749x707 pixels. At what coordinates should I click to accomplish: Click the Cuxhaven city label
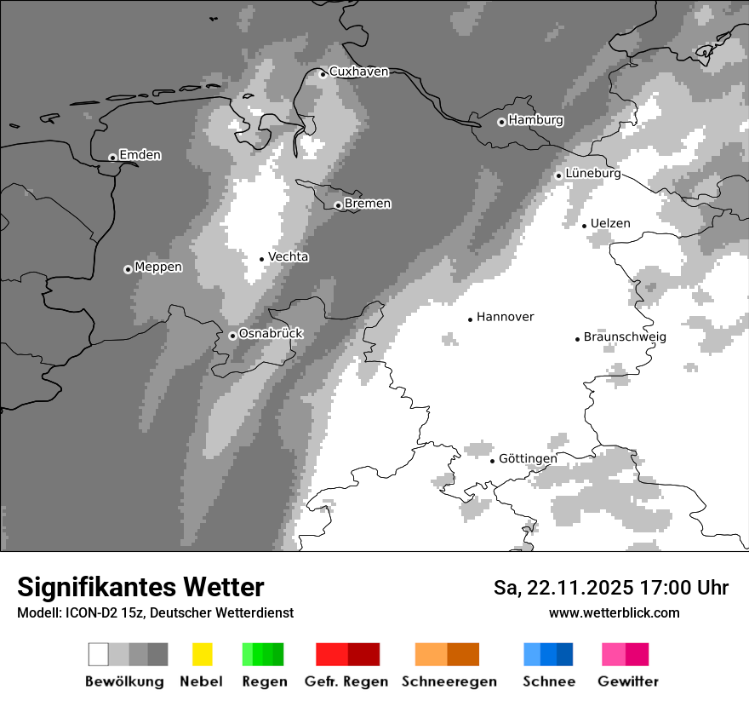point(358,72)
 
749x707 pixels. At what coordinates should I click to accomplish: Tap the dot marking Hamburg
point(501,122)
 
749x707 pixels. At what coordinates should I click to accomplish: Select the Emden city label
point(140,155)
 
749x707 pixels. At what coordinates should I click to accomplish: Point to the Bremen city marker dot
point(338,205)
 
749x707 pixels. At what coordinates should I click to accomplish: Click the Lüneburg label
point(592,173)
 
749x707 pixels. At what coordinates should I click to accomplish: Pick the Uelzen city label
point(610,223)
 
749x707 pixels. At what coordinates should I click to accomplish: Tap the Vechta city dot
point(262,259)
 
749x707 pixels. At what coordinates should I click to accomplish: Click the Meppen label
point(158,267)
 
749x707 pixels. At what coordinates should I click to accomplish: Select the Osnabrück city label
point(271,333)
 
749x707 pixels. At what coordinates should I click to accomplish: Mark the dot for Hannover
point(470,319)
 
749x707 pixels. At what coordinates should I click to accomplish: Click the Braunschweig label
point(625,336)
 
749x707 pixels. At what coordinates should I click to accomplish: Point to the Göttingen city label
point(528,458)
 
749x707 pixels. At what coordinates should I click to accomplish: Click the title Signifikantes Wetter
point(140,587)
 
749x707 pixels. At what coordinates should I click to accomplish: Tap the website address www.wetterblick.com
point(614,612)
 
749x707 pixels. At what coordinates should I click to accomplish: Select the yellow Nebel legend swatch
point(202,654)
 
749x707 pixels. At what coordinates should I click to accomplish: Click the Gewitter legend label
point(628,681)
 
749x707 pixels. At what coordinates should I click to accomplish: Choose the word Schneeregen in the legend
point(449,681)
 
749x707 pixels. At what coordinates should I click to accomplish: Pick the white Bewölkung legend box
point(98,654)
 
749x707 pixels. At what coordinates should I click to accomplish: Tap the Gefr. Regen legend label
point(346,681)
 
